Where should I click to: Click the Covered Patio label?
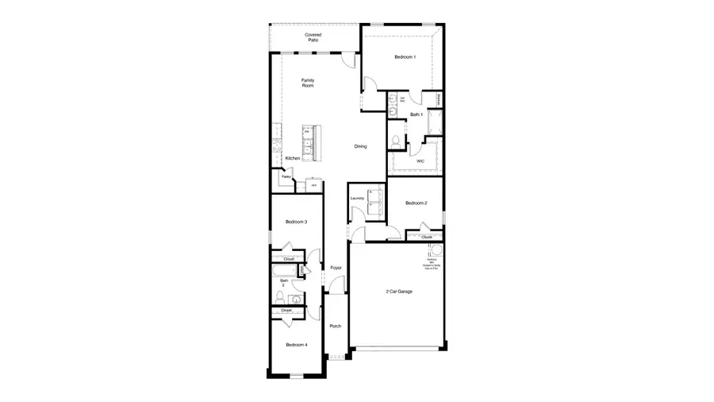(313, 37)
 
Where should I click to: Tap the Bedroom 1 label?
(405, 57)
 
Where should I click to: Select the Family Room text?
(308, 83)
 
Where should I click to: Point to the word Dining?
(360, 146)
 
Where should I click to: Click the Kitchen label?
(292, 159)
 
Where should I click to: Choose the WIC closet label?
(420, 161)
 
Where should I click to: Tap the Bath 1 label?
(416, 114)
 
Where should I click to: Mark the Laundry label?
(356, 198)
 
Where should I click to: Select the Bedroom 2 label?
(416, 203)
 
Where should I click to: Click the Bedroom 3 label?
(296, 222)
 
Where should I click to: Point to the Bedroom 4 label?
(296, 345)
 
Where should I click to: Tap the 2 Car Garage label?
(399, 292)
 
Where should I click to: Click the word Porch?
(336, 326)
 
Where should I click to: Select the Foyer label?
(336, 269)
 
